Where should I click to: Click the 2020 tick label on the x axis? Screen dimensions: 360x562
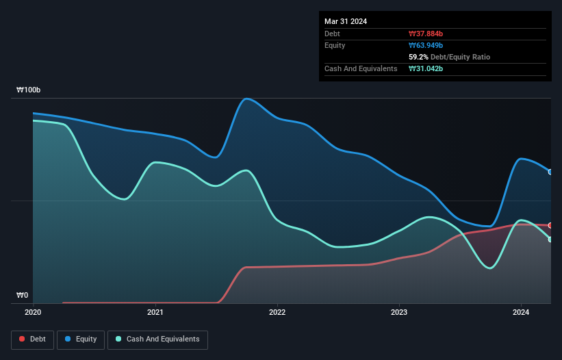33,313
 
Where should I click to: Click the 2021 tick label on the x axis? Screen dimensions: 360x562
155,313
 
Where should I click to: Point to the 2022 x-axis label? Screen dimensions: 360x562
277,313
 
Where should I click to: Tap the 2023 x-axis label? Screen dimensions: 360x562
399,313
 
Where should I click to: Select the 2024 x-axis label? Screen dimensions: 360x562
521,313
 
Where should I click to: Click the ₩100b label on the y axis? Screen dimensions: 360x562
29,90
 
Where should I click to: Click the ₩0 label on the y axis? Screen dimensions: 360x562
23,296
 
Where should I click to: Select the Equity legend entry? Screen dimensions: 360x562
81,339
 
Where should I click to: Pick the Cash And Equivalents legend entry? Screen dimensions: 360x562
157,339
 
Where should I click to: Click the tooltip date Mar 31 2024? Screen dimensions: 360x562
346,21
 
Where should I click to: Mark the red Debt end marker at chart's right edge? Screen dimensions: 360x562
550,225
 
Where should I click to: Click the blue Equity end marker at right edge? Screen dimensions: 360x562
550,172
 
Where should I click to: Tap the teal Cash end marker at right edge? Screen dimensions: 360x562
550,240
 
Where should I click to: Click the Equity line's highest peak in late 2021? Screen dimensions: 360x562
246,99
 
